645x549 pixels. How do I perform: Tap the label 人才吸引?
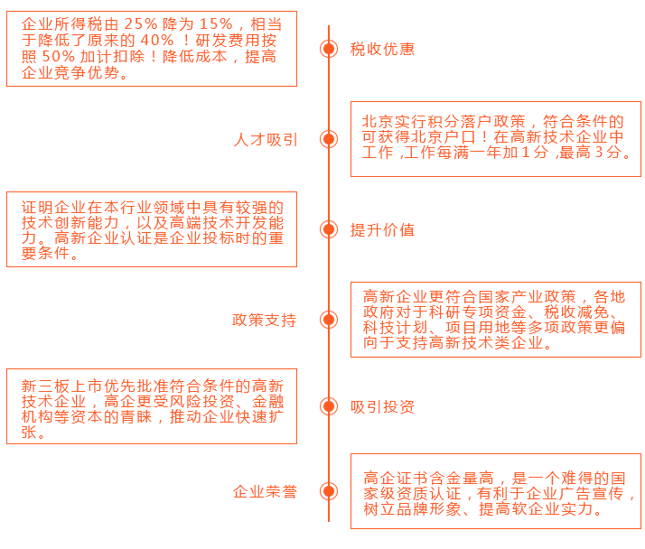click(265, 139)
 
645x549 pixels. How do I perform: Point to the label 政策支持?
click(265, 320)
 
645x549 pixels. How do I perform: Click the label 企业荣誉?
click(265, 491)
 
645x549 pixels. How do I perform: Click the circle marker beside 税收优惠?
click(329, 49)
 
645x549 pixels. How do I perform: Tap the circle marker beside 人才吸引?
click(329, 139)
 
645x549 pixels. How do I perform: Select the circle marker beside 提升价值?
click(329, 229)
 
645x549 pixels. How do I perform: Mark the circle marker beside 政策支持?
click(329, 320)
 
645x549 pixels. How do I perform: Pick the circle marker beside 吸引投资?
click(329, 406)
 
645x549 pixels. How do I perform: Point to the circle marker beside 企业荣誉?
click(329, 491)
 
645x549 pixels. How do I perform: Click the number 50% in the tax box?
click(60, 57)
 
